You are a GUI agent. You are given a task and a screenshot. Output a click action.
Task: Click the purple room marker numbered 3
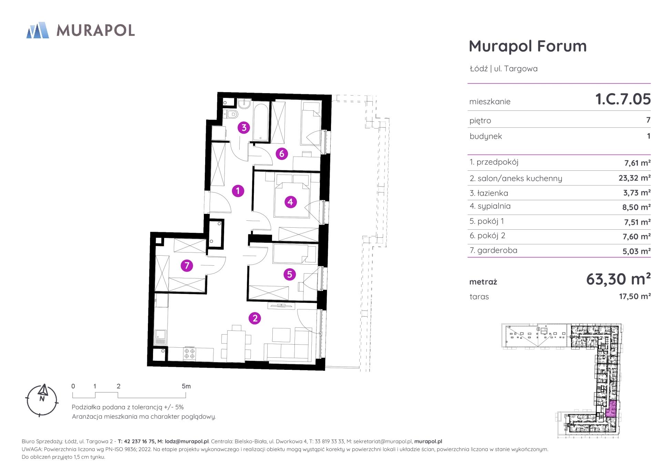[244, 128]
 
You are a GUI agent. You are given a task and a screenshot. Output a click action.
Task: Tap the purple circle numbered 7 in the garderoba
[187, 265]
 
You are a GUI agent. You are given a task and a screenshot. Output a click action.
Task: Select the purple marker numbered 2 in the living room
[255, 318]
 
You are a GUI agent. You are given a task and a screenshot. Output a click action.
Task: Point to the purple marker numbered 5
[290, 274]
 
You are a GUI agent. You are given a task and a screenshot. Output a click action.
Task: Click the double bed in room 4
[292, 195]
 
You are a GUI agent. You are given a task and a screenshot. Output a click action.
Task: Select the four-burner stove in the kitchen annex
[189, 354]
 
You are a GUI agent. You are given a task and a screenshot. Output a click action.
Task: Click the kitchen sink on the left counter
[161, 337]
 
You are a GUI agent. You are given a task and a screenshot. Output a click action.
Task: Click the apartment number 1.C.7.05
[623, 99]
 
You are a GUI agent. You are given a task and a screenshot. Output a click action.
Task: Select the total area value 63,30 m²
[618, 279]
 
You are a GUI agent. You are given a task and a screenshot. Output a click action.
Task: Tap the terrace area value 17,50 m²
[635, 296]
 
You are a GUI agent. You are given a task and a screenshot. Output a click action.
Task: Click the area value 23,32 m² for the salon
[634, 178]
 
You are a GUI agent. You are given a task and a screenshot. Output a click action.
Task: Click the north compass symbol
[42, 400]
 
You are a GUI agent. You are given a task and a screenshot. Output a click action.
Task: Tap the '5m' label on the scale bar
[186, 386]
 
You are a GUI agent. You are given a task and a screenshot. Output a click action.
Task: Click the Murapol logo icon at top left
[38, 30]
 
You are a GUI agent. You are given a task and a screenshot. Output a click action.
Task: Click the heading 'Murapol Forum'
[528, 46]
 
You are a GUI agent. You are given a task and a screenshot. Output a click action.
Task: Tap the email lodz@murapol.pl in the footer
[187, 441]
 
